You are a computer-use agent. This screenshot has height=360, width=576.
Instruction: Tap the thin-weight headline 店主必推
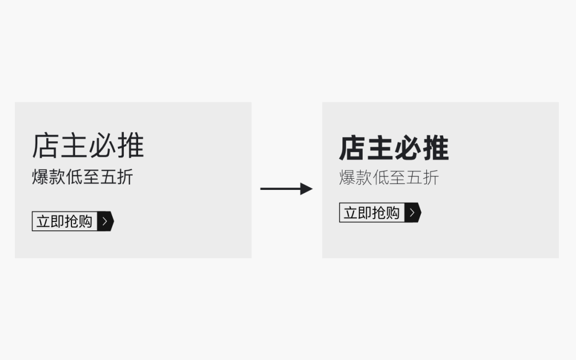(x=88, y=146)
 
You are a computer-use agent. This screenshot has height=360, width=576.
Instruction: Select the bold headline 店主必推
(x=394, y=148)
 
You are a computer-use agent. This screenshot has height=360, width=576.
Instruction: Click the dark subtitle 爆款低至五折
(x=82, y=177)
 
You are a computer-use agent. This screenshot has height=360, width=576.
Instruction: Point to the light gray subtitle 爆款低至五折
(x=389, y=178)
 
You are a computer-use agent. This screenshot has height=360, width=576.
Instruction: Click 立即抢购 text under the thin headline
(x=65, y=221)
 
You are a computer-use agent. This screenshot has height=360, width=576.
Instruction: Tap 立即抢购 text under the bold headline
(x=372, y=213)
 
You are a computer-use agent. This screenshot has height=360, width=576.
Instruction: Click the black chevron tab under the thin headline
(x=105, y=221)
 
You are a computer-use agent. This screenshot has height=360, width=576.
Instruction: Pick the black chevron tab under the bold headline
(x=412, y=213)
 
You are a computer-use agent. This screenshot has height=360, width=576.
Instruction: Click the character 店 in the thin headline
(x=45, y=146)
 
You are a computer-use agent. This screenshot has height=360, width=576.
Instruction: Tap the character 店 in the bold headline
(x=353, y=148)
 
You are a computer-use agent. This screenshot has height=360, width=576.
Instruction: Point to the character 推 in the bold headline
(x=436, y=148)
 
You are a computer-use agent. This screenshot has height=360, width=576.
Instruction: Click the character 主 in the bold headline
(x=380, y=148)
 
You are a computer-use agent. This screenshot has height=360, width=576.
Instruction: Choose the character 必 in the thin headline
(x=102, y=146)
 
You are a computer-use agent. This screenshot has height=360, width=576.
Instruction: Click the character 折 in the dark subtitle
(x=125, y=177)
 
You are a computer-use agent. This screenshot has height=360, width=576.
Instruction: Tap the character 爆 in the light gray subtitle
(x=347, y=178)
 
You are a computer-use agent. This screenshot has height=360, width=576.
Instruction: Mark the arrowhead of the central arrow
(x=306, y=188)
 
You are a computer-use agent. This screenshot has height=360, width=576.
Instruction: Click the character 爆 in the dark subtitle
(x=40, y=177)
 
